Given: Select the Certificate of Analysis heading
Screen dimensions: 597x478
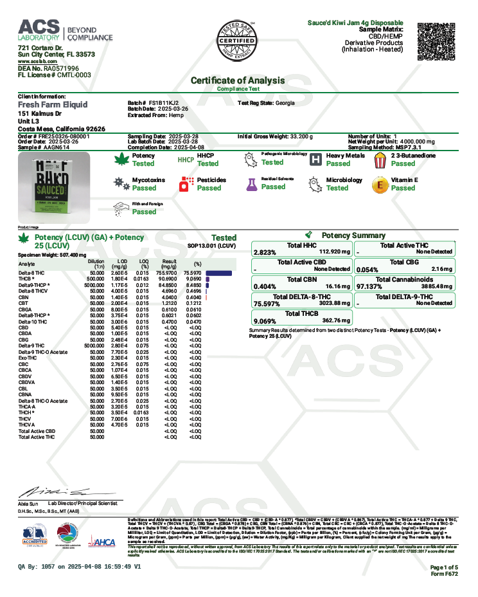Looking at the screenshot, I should (x=238, y=80).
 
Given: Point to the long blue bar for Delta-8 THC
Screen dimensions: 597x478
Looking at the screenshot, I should (x=218, y=273).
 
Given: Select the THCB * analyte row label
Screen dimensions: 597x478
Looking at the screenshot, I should (x=28, y=278).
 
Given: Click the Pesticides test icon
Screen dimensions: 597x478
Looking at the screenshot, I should (x=185, y=185).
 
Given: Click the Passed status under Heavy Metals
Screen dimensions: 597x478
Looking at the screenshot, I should (x=338, y=163).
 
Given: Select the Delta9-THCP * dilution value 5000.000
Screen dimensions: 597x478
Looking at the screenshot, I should (x=94, y=283).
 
